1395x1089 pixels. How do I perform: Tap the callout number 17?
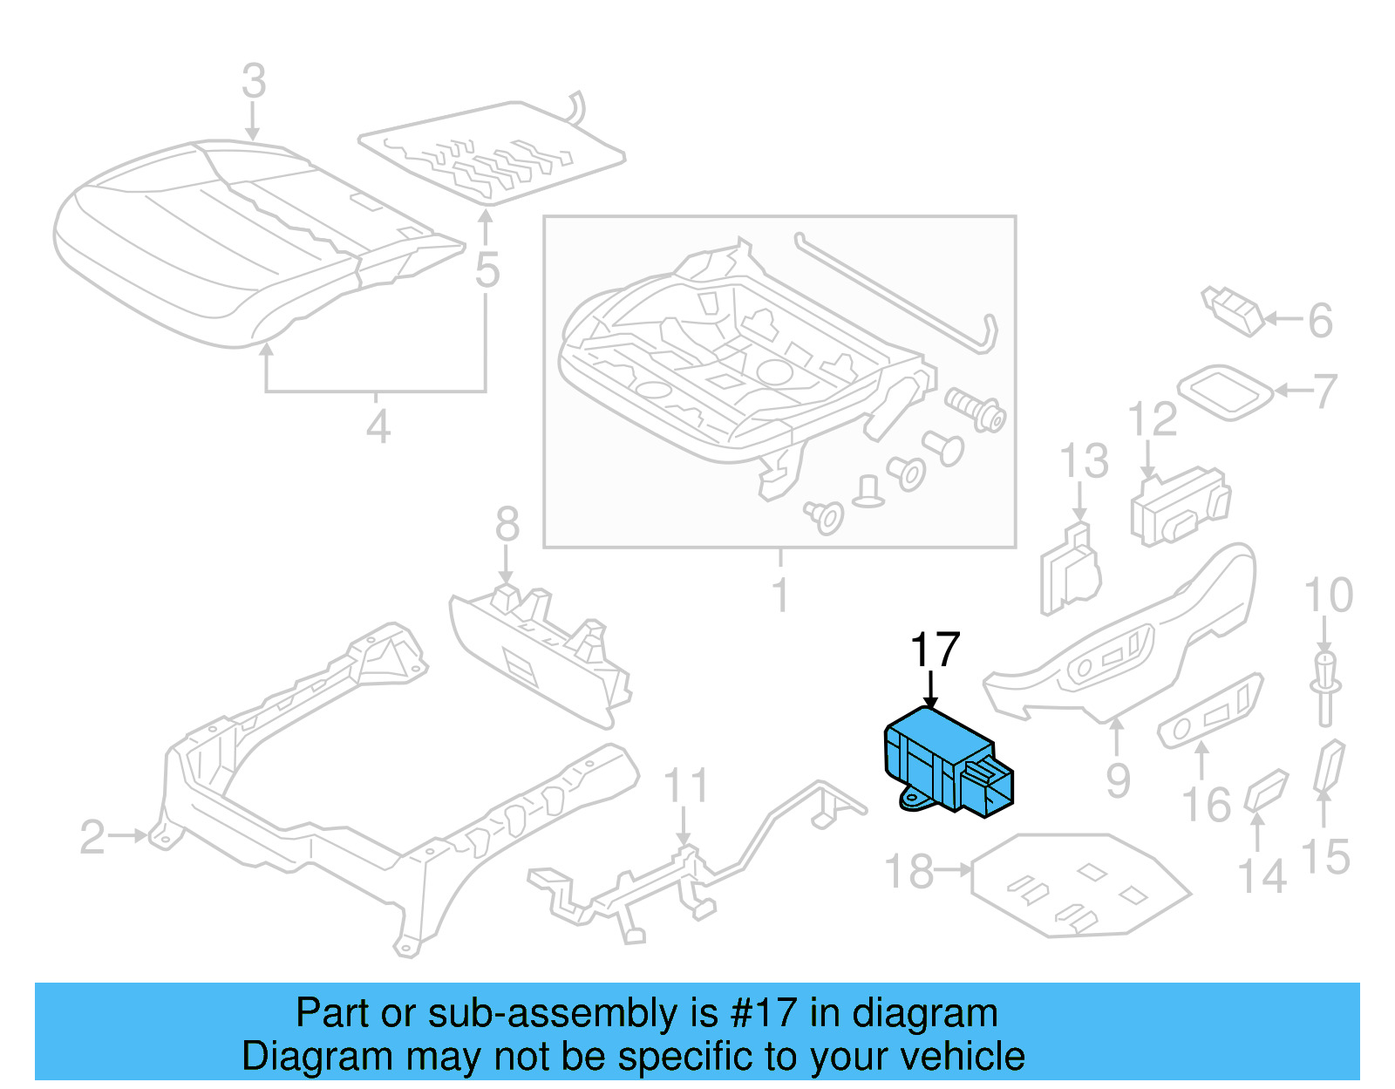click(x=934, y=650)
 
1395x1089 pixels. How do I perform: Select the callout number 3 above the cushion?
click(x=253, y=82)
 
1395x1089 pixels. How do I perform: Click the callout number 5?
click(x=487, y=269)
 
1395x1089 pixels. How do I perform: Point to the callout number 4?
click(x=378, y=427)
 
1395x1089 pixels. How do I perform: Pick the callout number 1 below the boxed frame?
click(x=780, y=596)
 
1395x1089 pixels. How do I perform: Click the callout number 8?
click(x=507, y=526)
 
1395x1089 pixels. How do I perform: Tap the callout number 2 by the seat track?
click(x=92, y=837)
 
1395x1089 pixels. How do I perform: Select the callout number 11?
click(x=685, y=786)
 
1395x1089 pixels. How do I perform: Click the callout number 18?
click(x=908, y=871)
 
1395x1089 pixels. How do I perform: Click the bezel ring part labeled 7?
click(x=1225, y=391)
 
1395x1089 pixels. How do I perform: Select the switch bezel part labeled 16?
click(x=1210, y=711)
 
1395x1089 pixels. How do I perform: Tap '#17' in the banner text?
click(x=763, y=1013)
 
